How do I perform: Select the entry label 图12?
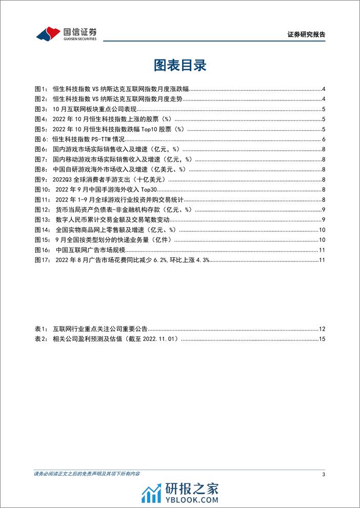click(x=42, y=210)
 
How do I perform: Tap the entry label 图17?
click(x=42, y=260)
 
